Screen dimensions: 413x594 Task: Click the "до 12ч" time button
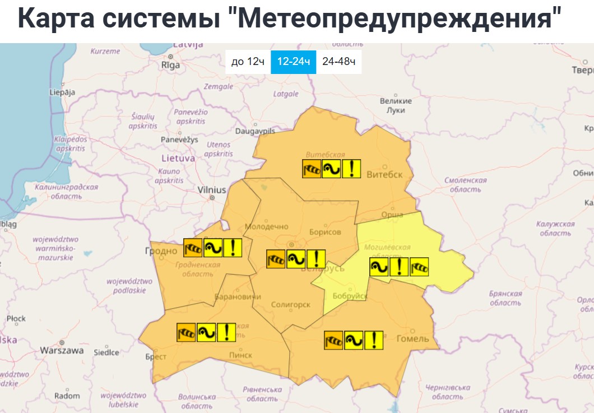click(x=248, y=62)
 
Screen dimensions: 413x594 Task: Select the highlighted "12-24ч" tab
click(x=293, y=62)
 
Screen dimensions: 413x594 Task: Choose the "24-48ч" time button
click(x=338, y=62)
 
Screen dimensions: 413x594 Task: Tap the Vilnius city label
click(x=212, y=190)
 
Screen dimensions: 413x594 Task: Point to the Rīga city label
click(x=170, y=65)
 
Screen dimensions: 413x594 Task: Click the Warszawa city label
click(x=62, y=350)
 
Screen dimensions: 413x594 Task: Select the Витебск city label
click(x=384, y=174)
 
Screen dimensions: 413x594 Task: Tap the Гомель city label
click(x=412, y=338)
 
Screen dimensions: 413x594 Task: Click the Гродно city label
click(x=161, y=250)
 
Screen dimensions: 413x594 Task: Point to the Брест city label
click(x=156, y=356)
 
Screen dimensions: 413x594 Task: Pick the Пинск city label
click(x=240, y=355)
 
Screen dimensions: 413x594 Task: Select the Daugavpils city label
click(x=255, y=131)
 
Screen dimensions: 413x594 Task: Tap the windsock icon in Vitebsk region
click(x=311, y=169)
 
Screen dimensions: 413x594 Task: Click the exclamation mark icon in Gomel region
click(x=374, y=340)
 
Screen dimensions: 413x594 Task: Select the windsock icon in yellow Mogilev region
click(x=419, y=267)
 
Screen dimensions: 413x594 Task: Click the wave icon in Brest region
click(x=206, y=332)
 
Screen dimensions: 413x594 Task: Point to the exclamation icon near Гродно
click(x=233, y=248)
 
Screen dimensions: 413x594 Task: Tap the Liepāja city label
click(x=62, y=92)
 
